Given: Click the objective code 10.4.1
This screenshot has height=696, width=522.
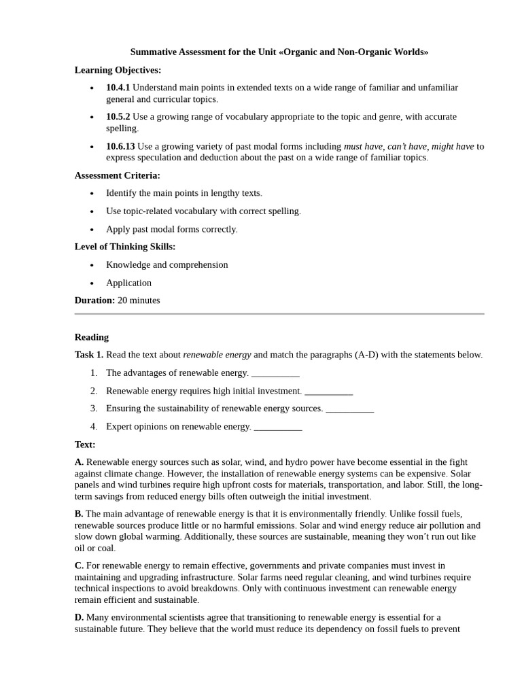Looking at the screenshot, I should [x=118, y=88].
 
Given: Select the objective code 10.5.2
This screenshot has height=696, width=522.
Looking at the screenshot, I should [x=118, y=117].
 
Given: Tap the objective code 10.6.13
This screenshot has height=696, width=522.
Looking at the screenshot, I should [x=120, y=146].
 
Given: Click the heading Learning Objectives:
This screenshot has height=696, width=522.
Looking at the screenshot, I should [x=118, y=70].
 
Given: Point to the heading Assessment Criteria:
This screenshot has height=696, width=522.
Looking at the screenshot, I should [x=117, y=175].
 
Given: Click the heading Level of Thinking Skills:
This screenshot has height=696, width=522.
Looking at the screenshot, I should [x=124, y=247].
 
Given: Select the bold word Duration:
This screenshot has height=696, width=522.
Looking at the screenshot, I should [x=94, y=300].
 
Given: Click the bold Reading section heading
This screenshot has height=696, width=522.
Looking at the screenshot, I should [x=91, y=337].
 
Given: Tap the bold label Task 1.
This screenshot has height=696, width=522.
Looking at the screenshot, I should [x=88, y=355].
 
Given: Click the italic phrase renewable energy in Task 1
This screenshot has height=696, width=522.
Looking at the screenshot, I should [x=217, y=355].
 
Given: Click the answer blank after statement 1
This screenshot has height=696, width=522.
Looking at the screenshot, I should [x=275, y=373].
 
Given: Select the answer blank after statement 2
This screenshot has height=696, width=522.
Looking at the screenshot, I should [x=328, y=391].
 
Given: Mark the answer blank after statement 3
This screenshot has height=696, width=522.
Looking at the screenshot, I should [x=349, y=408].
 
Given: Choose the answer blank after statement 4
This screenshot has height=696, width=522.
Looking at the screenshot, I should [x=277, y=427].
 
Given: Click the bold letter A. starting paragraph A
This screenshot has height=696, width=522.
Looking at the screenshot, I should [x=79, y=462].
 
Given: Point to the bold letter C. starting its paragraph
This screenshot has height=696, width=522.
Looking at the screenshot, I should [x=79, y=565].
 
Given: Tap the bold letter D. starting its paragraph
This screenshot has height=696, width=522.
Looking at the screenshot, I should [x=79, y=617].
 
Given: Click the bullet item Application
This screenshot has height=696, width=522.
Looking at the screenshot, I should [x=128, y=283].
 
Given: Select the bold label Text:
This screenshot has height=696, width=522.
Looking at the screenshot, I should [x=85, y=445].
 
